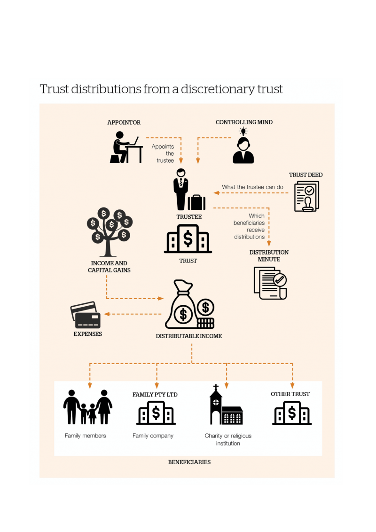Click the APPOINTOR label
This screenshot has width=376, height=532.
pyautogui.click(x=124, y=123)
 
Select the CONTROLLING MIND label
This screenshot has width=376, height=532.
pyautogui.click(x=244, y=122)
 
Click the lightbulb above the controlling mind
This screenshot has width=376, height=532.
pyautogui.click(x=243, y=131)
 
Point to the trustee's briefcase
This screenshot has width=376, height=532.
pyautogui.click(x=196, y=203)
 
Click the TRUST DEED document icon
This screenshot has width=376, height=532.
pyautogui.click(x=306, y=196)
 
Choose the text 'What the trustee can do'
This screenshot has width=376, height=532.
pyautogui.click(x=252, y=187)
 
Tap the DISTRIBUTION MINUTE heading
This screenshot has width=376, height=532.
pyautogui.click(x=269, y=256)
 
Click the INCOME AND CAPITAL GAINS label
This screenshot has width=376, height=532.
pyautogui.click(x=109, y=267)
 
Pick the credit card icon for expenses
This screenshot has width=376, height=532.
pyautogui.click(x=86, y=315)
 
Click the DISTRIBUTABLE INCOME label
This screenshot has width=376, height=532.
pyautogui.click(x=188, y=336)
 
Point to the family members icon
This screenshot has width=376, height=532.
pyautogui.click(x=88, y=407)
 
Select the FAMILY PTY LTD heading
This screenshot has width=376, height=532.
pyautogui.click(x=155, y=395)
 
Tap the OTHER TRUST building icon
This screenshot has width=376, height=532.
pyautogui.click(x=292, y=413)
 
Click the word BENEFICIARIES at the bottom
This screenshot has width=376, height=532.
pyautogui.click(x=189, y=462)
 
